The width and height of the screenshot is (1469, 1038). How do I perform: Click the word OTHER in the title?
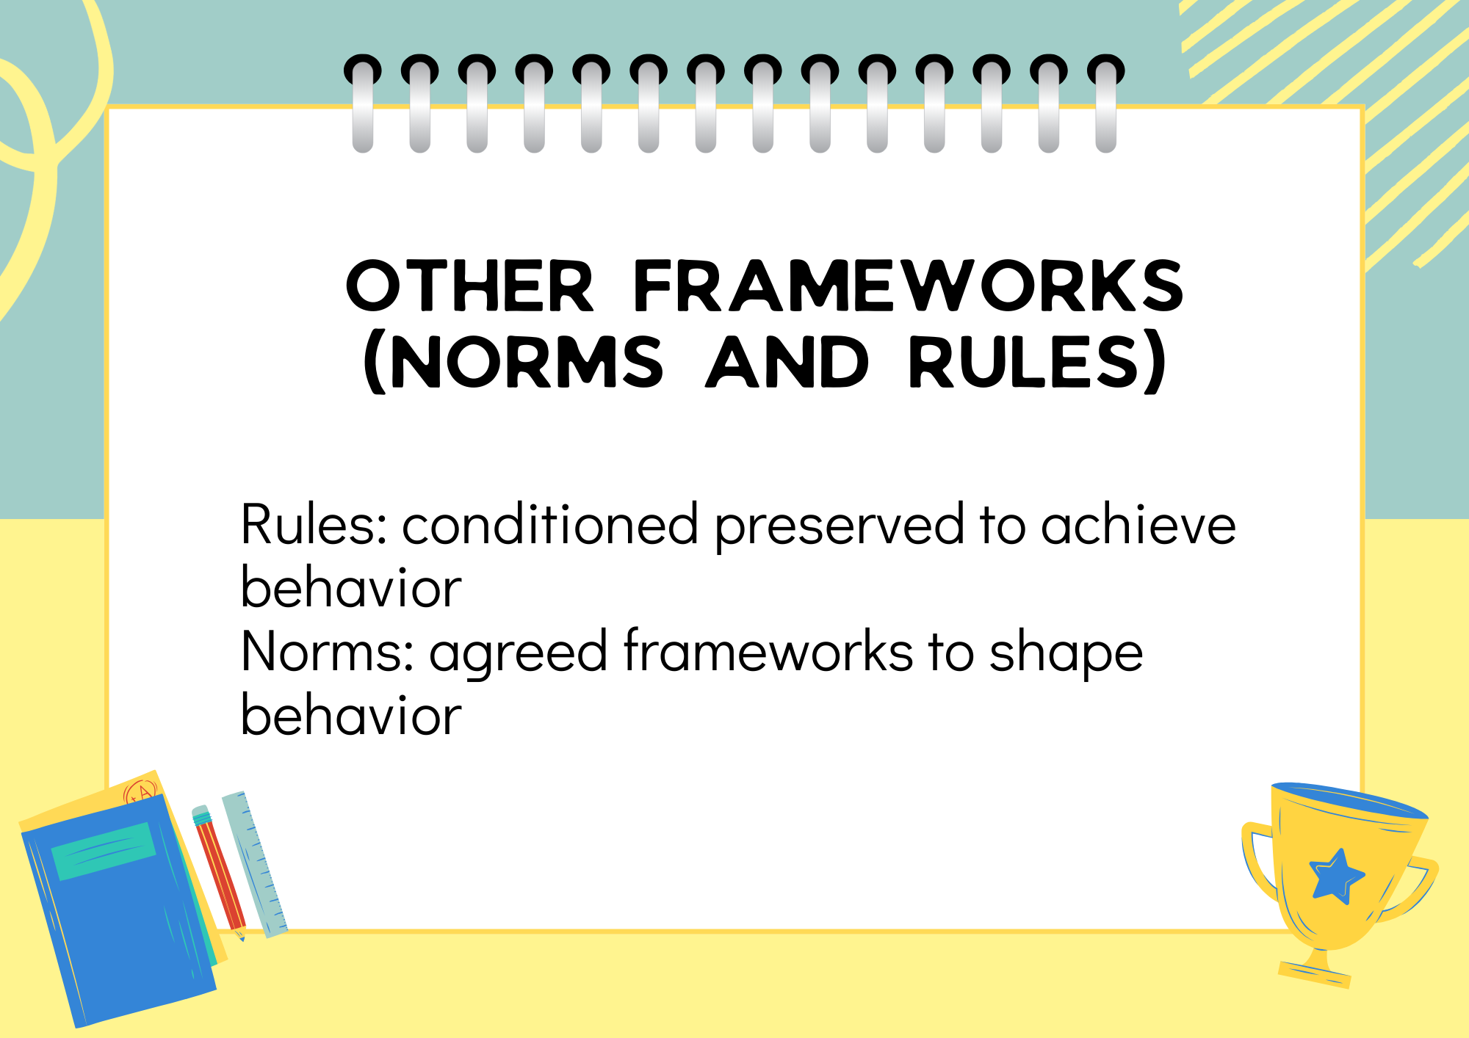(469, 286)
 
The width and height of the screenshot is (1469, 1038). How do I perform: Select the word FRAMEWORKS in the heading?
(908, 286)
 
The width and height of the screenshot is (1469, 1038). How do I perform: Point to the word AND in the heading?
(787, 361)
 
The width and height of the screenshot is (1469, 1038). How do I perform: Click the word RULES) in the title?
(1037, 362)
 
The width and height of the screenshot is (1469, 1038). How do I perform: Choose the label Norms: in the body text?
(328, 651)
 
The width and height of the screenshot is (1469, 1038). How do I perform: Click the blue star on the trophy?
(1336, 876)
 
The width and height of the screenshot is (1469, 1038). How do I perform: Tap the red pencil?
(219, 874)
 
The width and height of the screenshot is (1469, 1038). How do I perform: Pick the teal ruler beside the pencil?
(255, 864)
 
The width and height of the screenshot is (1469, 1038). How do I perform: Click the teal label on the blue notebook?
(104, 851)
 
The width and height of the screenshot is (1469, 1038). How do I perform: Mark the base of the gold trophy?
(1315, 971)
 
